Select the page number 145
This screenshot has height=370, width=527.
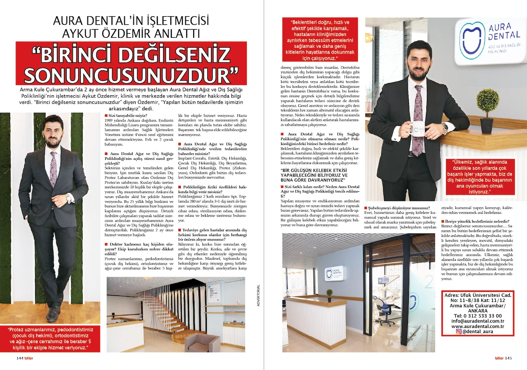click(x=508, y=358)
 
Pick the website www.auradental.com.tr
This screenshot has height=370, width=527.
click(x=477, y=326)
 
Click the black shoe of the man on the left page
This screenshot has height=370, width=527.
click(x=53, y=314)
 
